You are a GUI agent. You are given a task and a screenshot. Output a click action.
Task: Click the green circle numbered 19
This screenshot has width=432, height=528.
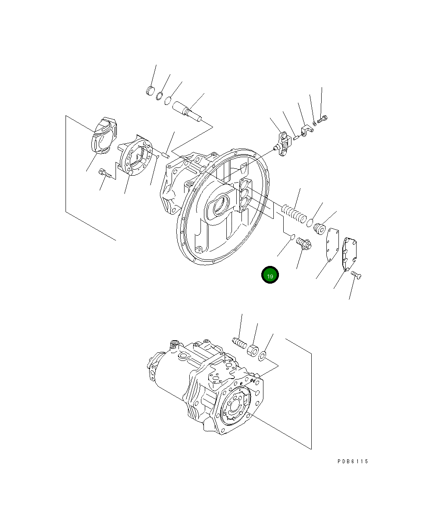tap(270, 275)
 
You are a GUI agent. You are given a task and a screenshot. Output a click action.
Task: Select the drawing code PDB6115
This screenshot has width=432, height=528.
tap(353, 462)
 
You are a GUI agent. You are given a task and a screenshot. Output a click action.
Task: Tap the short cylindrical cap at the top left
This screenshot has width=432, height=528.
tap(150, 91)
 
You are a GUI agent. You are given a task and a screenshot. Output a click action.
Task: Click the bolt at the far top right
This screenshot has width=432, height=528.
tap(322, 117)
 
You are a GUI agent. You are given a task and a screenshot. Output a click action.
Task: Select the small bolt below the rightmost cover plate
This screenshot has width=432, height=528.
tap(356, 275)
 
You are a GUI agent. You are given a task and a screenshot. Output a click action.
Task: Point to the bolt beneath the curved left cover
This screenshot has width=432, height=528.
tap(105, 174)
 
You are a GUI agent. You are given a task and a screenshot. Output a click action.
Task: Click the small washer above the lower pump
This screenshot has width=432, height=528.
tap(262, 356)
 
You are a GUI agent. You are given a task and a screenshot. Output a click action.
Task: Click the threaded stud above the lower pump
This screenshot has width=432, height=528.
tap(238, 343)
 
